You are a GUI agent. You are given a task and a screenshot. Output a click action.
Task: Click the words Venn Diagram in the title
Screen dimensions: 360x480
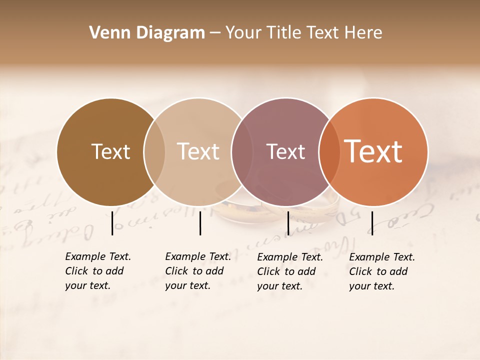(x=147, y=33)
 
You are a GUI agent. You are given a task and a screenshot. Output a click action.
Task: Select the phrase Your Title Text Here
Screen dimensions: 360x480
(x=303, y=33)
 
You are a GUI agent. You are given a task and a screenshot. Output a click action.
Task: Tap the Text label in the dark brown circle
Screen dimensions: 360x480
(x=110, y=152)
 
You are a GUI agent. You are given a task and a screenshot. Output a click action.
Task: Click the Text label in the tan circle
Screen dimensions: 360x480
(x=198, y=152)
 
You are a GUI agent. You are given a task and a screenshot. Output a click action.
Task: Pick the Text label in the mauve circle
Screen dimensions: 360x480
(x=285, y=152)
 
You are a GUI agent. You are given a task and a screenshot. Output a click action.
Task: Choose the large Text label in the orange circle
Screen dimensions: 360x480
(x=373, y=152)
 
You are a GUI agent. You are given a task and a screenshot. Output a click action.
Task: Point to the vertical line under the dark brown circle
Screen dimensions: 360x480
(x=112, y=223)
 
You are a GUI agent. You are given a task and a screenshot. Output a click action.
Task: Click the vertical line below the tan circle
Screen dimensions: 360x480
(x=200, y=223)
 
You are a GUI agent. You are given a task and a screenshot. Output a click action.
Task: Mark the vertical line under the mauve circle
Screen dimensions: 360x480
(x=288, y=223)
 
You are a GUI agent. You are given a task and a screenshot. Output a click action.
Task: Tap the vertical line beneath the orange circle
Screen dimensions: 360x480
(x=372, y=223)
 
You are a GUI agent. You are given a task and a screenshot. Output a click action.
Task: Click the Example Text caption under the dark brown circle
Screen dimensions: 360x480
(x=97, y=271)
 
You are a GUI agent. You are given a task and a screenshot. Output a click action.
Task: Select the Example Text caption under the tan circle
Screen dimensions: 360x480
(x=197, y=271)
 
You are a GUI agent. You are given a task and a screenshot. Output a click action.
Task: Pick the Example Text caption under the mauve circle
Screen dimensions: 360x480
(x=289, y=271)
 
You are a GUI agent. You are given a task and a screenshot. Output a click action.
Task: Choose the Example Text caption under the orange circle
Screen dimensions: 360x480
(x=381, y=271)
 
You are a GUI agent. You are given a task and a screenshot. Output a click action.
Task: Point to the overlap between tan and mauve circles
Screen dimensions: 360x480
(x=241, y=152)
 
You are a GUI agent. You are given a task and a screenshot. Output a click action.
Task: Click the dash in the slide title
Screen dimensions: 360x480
(x=214, y=33)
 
